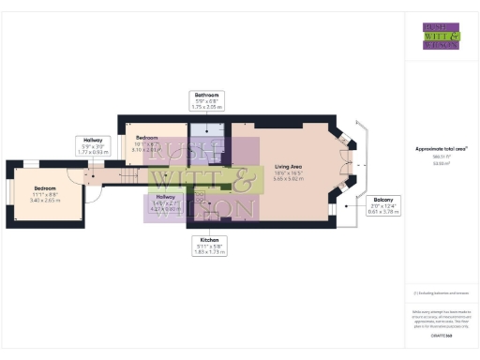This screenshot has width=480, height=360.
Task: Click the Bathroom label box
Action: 205,101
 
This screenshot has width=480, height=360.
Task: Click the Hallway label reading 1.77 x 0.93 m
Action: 95,145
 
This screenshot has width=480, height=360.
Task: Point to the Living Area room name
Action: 288,166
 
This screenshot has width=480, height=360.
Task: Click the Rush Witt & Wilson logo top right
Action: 441,35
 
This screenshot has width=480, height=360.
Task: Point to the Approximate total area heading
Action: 441,148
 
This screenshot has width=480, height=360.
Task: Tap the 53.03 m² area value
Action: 441,162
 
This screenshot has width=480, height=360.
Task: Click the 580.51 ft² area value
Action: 441,157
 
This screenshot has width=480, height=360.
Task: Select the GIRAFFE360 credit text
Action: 441,335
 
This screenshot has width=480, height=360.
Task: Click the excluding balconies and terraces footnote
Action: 441,293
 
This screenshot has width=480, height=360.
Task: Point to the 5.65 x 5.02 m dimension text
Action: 288,179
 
